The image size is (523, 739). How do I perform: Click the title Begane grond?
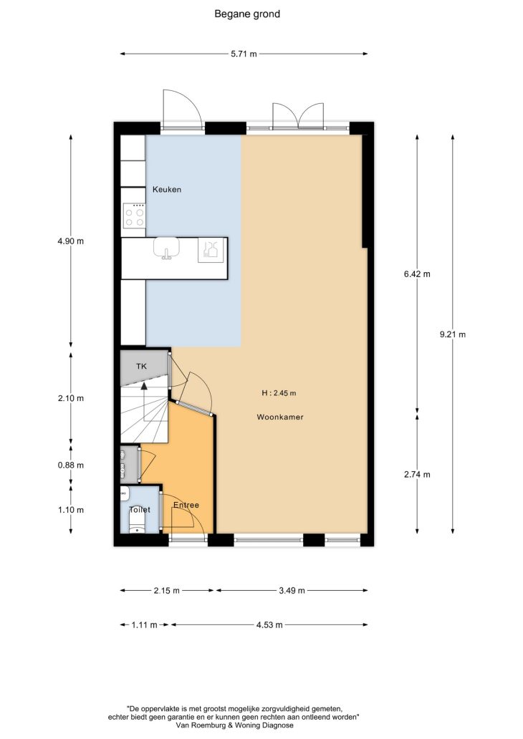(x=247, y=14)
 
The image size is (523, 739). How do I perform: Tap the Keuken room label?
(x=166, y=190)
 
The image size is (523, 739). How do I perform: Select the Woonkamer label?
(x=280, y=417)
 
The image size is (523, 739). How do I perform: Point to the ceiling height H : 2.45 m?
(x=279, y=393)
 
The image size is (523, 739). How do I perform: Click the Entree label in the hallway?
(x=186, y=505)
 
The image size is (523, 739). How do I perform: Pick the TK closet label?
(x=141, y=366)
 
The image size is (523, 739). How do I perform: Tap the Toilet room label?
(x=140, y=509)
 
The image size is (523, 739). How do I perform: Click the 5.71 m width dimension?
(x=244, y=54)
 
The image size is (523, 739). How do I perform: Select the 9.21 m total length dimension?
(x=453, y=334)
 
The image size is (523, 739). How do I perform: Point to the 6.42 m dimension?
(x=417, y=274)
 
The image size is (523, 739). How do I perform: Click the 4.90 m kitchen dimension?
(x=71, y=241)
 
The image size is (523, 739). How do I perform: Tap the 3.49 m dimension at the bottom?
(x=292, y=590)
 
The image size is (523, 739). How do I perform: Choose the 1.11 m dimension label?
(x=144, y=625)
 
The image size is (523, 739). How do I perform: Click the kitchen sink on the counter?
(x=166, y=248)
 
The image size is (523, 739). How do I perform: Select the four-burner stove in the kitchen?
(x=135, y=216)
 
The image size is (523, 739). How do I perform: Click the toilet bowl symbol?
(x=137, y=523)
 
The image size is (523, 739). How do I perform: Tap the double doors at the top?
(x=298, y=115)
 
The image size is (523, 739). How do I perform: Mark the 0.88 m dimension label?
(x=71, y=465)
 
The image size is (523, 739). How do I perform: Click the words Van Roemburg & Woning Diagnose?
(x=234, y=725)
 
